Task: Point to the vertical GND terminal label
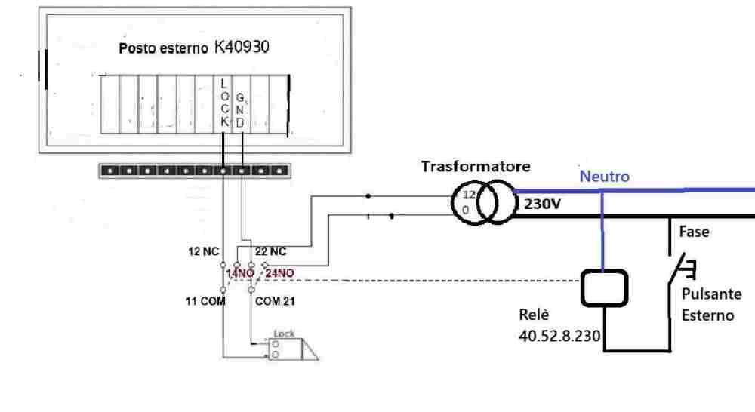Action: (x=241, y=109)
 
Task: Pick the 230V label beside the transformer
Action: (x=541, y=203)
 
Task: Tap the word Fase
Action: (x=694, y=233)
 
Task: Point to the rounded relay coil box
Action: (x=602, y=287)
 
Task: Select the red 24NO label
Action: (x=279, y=273)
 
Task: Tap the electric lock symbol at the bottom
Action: (x=291, y=346)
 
